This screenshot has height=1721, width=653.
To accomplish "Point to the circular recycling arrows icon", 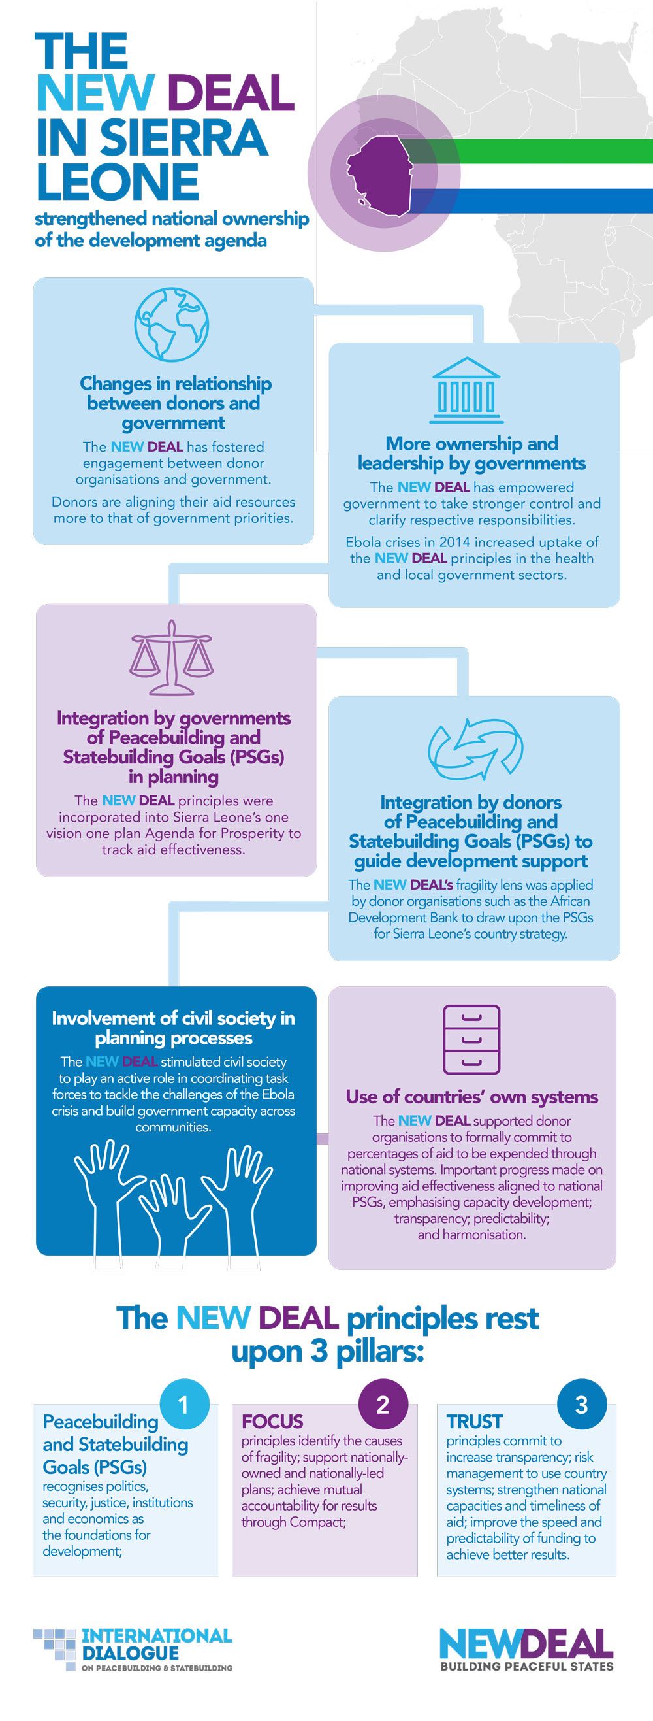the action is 475,750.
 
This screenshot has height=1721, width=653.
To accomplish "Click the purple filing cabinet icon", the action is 471,1039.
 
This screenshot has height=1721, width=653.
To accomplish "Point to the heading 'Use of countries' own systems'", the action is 472,1096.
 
